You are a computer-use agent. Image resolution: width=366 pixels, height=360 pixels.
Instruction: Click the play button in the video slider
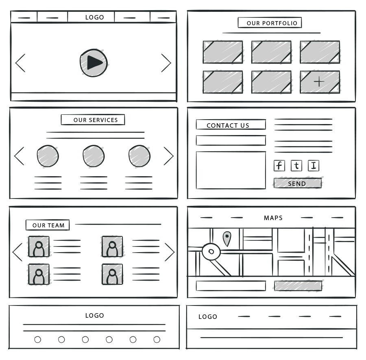pyautogui.click(x=94, y=63)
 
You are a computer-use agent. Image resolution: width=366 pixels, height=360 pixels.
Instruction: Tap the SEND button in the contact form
pyautogui.click(x=297, y=183)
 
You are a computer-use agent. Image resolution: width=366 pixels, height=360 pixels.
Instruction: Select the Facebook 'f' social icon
pyautogui.click(x=279, y=166)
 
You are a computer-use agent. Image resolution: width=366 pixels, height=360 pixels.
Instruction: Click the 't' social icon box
pyautogui.click(x=296, y=166)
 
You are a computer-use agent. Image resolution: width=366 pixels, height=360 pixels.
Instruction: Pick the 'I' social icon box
pyautogui.click(x=314, y=166)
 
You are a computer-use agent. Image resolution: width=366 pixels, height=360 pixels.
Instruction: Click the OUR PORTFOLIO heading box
pyautogui.click(x=270, y=23)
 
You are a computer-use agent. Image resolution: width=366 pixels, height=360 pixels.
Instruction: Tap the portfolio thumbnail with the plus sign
pyautogui.click(x=320, y=82)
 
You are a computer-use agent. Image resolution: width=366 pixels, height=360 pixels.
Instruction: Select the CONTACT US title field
pyautogui.click(x=231, y=124)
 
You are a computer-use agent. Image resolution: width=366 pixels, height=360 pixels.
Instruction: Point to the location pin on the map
pyautogui.click(x=227, y=238)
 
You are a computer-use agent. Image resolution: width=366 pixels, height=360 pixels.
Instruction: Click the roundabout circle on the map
pyautogui.click(x=211, y=251)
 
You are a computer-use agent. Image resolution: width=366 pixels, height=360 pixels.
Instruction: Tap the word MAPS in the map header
pyautogui.click(x=273, y=218)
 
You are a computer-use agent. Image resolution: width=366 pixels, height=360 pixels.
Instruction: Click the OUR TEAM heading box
pyautogui.click(x=48, y=225)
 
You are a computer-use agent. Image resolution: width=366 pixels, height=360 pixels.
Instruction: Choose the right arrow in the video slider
pyautogui.click(x=166, y=63)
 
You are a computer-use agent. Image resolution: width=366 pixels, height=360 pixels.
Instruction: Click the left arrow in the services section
pyautogui.click(x=19, y=156)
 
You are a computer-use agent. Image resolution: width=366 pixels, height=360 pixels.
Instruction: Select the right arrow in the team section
pyautogui.click(x=170, y=252)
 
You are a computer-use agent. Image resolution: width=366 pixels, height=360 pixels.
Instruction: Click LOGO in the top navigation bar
pyautogui.click(x=94, y=17)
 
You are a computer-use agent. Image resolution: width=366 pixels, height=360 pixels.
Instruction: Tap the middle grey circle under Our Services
pyautogui.click(x=94, y=156)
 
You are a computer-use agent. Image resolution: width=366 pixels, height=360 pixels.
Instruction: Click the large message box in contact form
pyautogui.click(x=231, y=170)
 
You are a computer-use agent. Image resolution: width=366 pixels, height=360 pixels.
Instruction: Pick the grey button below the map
pyautogui.click(x=298, y=286)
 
